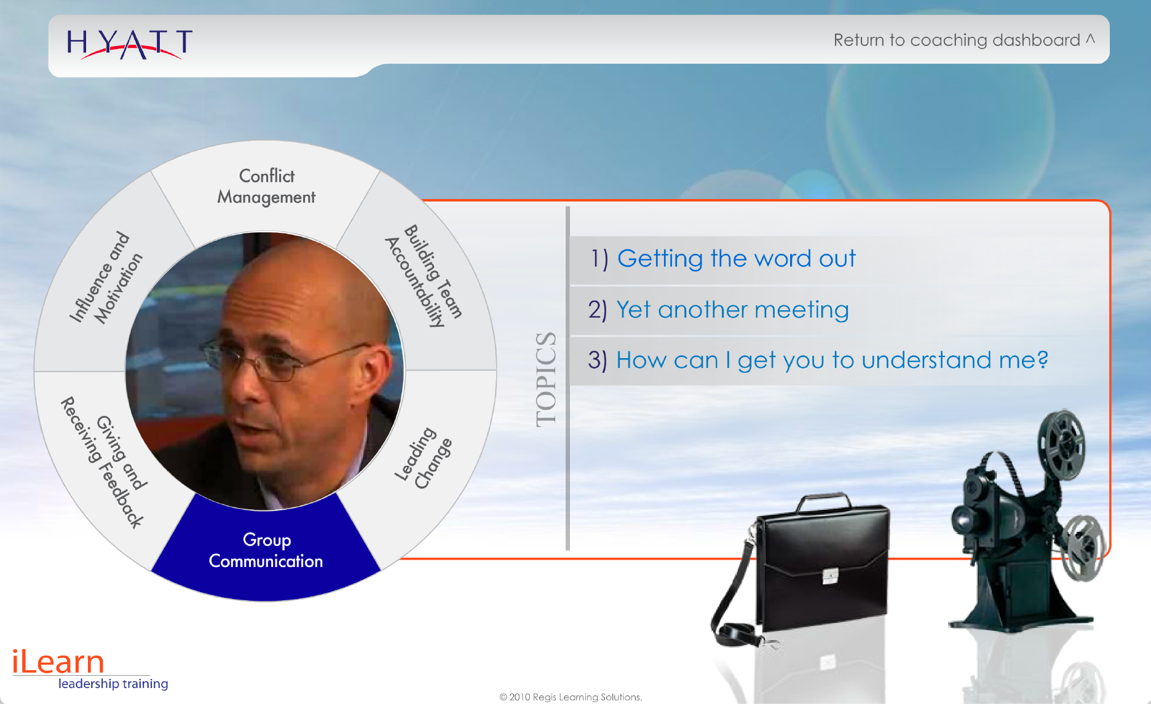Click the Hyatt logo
(130, 44)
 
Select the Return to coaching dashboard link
(963, 40)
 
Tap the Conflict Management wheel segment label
(266, 186)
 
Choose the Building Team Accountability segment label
(424, 276)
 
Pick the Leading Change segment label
(424, 458)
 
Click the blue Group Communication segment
(266, 549)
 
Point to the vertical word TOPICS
(546, 379)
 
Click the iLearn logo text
(58, 662)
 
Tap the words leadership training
(113, 684)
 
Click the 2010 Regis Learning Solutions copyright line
(571, 697)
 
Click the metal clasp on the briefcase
(830, 576)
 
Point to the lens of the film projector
(960, 518)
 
